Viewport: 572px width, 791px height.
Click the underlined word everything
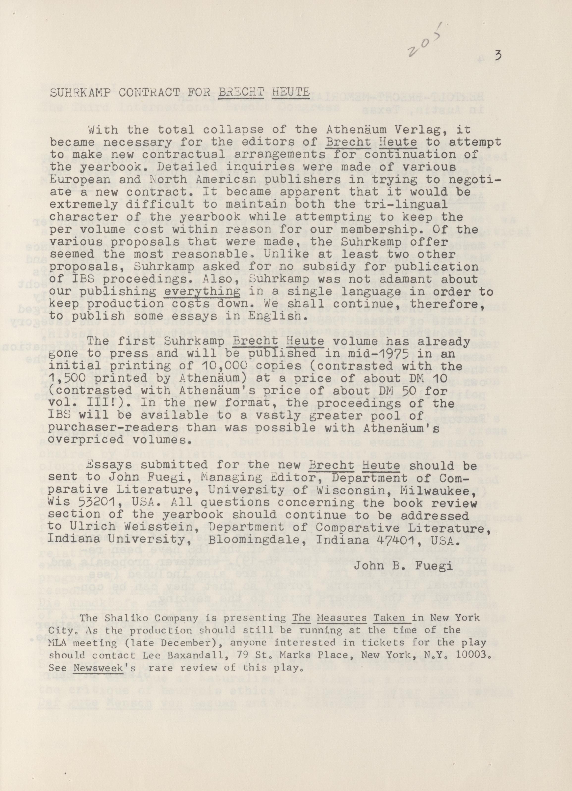click(x=202, y=291)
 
